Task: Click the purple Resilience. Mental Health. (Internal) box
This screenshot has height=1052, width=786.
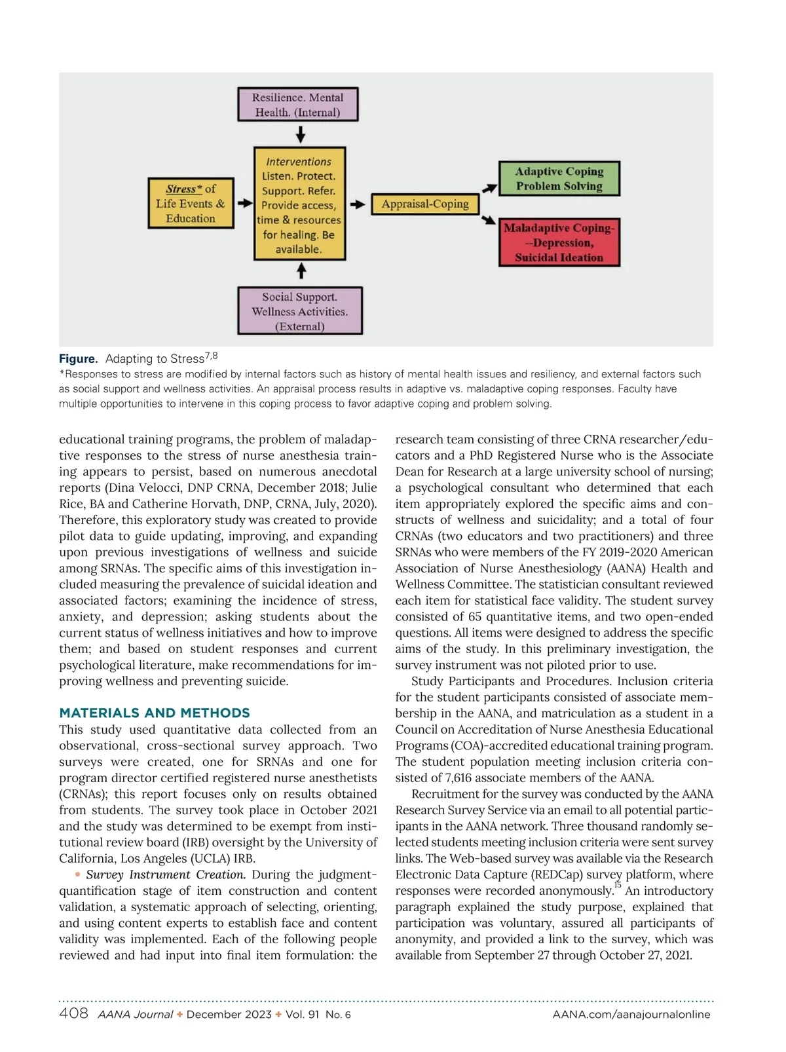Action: tap(298, 105)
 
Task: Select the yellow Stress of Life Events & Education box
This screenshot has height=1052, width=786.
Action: tap(191, 203)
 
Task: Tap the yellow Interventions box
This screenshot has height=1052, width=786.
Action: tap(299, 204)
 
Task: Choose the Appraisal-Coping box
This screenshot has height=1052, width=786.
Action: tap(425, 204)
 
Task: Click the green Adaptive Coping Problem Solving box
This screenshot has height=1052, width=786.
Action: tap(559, 178)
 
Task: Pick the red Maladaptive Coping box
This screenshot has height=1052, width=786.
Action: tap(559, 242)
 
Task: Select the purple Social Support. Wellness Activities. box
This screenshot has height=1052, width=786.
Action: tap(300, 311)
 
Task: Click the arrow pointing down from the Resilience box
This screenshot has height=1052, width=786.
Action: tap(301, 134)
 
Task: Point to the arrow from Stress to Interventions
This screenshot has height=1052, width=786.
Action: tap(244, 203)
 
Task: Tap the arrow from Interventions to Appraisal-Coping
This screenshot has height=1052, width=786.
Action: tap(358, 204)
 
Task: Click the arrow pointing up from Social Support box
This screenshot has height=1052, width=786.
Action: tap(301, 271)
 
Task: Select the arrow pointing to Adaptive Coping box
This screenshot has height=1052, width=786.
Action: tap(489, 189)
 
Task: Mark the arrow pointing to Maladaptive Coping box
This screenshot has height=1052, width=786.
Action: tap(489, 220)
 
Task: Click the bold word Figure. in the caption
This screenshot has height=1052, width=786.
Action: tap(78, 359)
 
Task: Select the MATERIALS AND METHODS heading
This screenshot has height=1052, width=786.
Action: tap(155, 713)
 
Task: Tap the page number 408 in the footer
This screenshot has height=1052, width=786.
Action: tap(73, 1013)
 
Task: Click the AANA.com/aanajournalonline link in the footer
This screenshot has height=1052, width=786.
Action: tap(631, 1015)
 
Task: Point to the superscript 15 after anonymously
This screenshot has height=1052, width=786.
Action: tap(618, 885)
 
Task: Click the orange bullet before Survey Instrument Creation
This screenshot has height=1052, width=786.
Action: tap(78, 874)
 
